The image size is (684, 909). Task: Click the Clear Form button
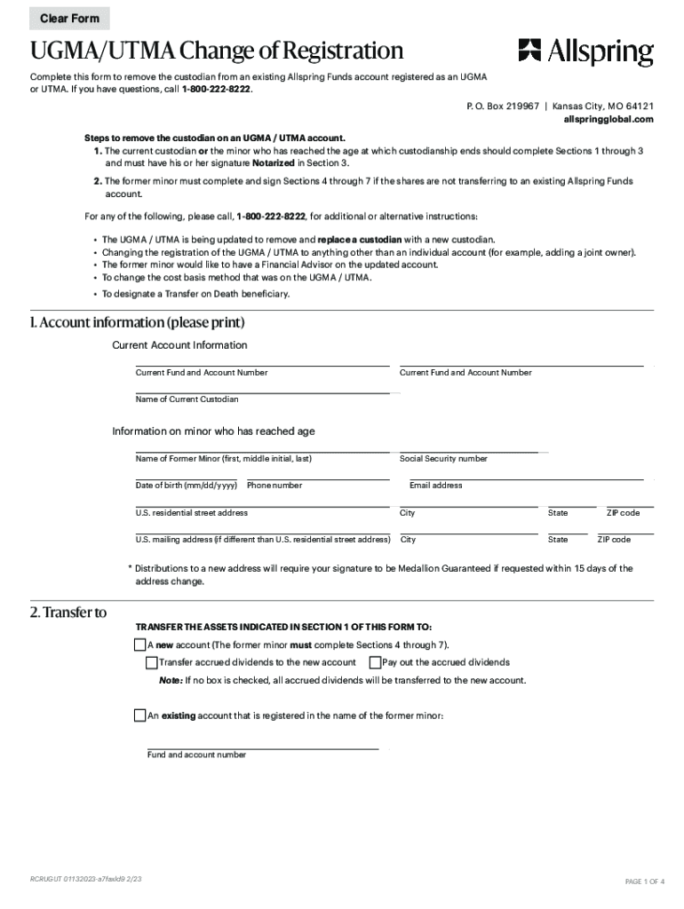(x=69, y=19)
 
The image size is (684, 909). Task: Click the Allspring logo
(x=585, y=52)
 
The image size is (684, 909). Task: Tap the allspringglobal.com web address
(x=608, y=119)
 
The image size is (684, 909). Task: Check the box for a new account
(x=140, y=644)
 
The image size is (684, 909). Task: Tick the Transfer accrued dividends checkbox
(x=152, y=662)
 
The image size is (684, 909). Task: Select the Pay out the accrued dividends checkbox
(x=375, y=662)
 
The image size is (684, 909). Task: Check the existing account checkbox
(x=140, y=715)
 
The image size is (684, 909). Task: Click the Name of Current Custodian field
(x=262, y=386)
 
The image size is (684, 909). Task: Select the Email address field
(x=524, y=473)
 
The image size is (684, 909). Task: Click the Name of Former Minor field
(x=262, y=447)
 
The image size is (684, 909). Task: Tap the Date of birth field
(x=187, y=473)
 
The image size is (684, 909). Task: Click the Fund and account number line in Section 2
(x=262, y=743)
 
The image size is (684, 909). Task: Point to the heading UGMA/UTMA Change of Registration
(x=217, y=51)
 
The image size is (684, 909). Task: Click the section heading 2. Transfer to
(x=68, y=612)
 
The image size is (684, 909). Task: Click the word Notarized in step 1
(x=273, y=163)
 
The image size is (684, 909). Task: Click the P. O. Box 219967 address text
(x=502, y=106)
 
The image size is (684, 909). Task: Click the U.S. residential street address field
(x=262, y=501)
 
